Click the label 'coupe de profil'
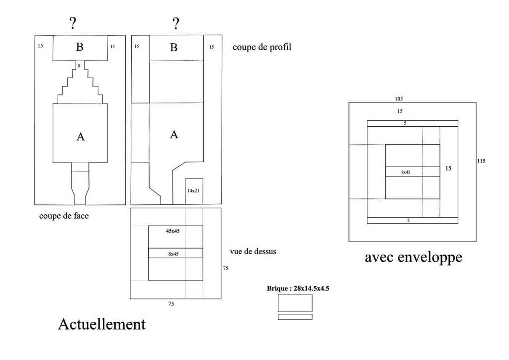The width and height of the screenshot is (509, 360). click(261, 48)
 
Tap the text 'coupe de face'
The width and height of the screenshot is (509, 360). click(64, 216)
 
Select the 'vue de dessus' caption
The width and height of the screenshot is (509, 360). click(253, 252)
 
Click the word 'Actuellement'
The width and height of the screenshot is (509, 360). click(102, 324)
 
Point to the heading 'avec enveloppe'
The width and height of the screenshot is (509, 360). click(413, 257)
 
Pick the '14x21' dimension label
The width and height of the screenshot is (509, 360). click(193, 191)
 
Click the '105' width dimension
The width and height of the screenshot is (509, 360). click(399, 98)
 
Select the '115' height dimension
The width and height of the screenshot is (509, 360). click(481, 161)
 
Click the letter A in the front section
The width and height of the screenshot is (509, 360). click(81, 137)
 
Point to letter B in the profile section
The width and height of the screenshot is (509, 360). click(173, 48)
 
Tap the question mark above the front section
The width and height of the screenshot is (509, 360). click(73, 23)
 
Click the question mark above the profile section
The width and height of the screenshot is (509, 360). click(175, 23)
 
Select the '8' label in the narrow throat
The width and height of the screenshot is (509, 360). click(79, 66)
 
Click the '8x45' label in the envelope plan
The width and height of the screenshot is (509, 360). click(406, 172)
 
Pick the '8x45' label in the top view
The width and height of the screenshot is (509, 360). click(173, 254)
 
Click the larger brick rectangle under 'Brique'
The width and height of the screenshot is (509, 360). click(295, 303)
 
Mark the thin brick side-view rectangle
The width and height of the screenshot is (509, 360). click(295, 317)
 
